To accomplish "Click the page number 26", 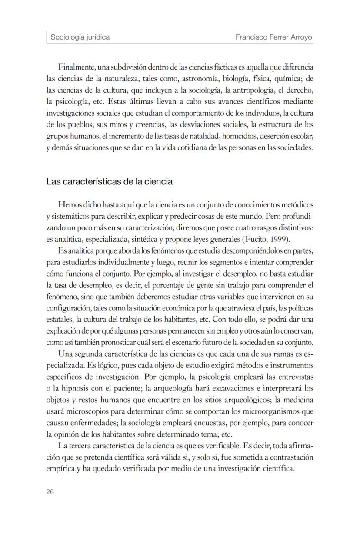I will click(x=50, y=492).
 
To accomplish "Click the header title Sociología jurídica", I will click(x=80, y=37).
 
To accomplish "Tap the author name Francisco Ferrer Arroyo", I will click(x=274, y=37).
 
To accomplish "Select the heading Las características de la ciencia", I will click(x=110, y=182).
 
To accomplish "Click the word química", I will click(x=288, y=79).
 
